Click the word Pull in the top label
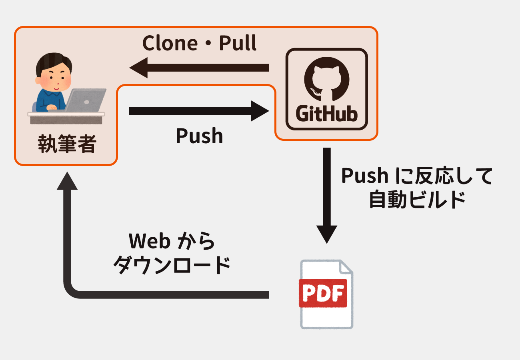(237, 44)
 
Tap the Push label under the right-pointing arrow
(199, 136)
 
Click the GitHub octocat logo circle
(326, 80)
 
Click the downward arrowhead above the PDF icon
(327, 234)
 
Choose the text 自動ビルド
(417, 200)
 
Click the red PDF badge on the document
(323, 294)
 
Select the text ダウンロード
(172, 265)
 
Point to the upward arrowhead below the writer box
(67, 182)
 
